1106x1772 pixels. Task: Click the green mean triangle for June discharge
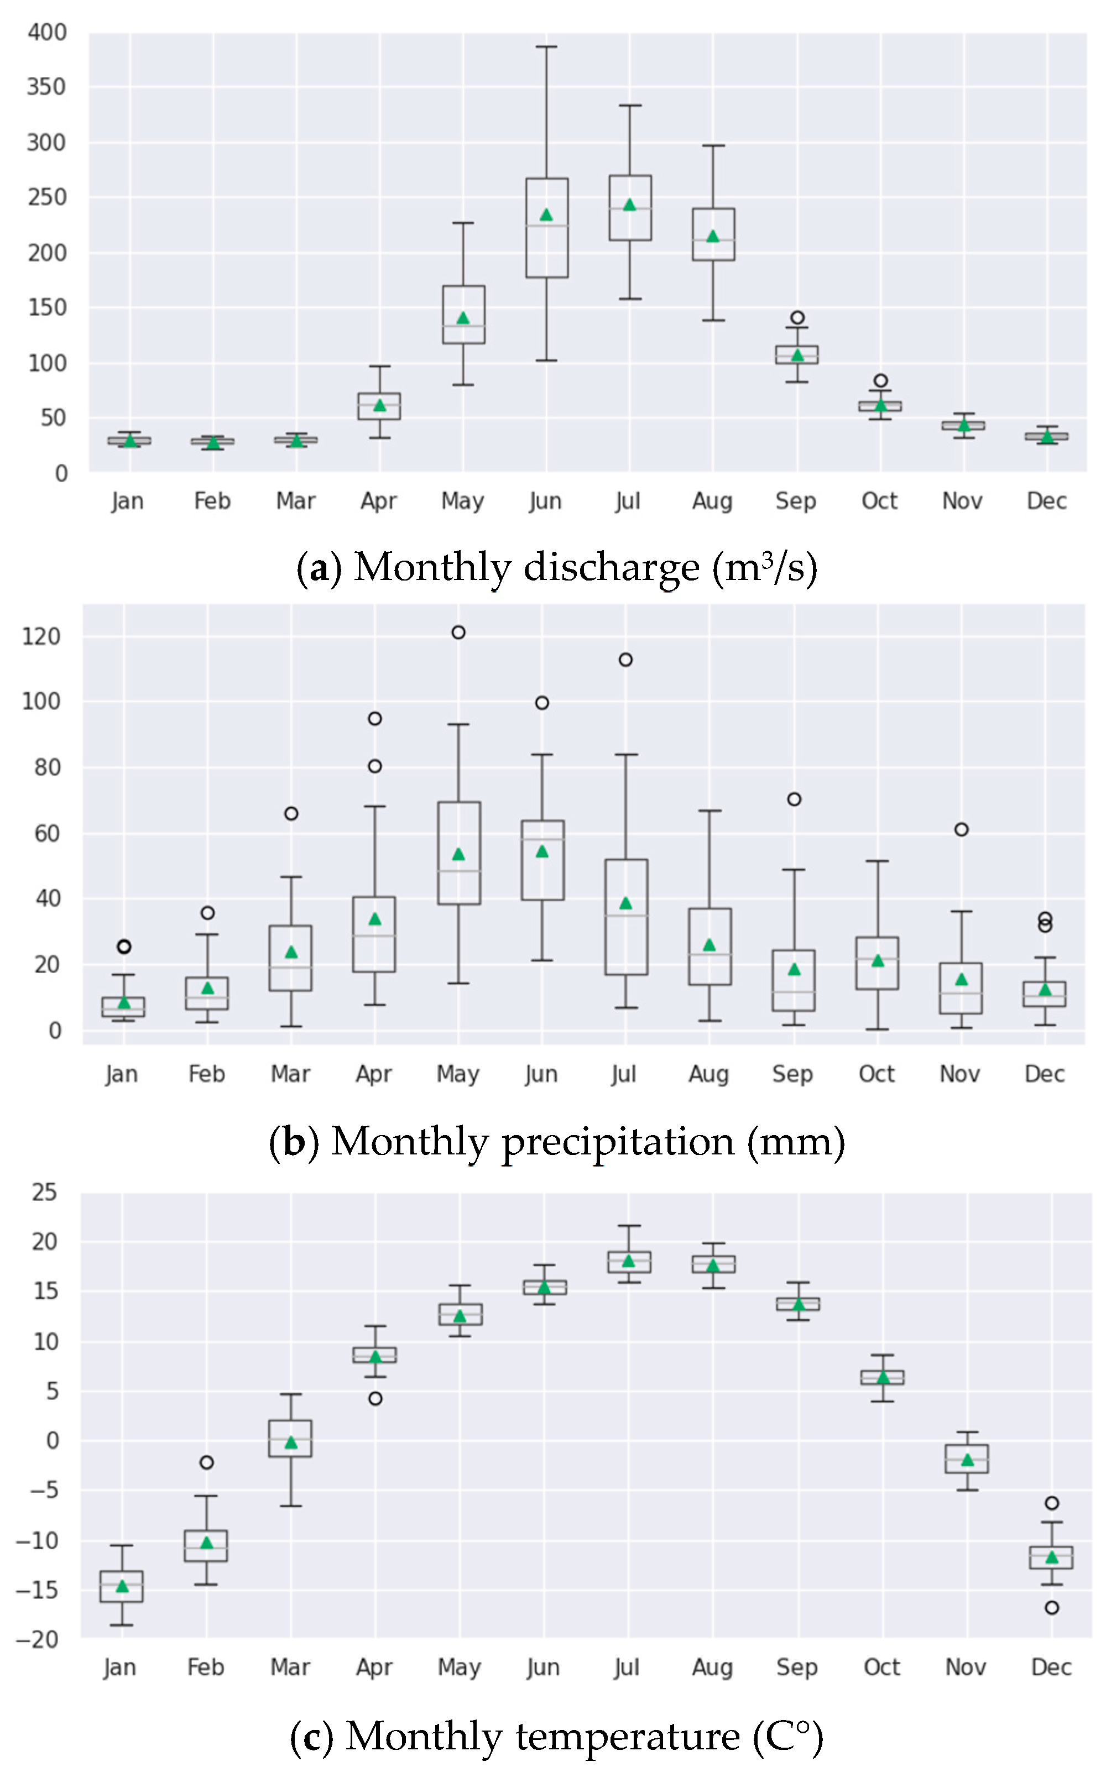click(x=546, y=215)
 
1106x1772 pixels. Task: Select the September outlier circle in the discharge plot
click(x=797, y=317)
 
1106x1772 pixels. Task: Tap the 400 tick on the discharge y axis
click(x=47, y=32)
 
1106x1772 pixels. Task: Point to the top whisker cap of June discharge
click(x=546, y=47)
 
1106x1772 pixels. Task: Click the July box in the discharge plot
click(x=630, y=208)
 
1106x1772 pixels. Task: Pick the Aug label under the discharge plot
click(x=712, y=501)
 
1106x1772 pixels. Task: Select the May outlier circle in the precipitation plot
click(x=458, y=632)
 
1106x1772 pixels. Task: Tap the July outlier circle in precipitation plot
click(x=625, y=660)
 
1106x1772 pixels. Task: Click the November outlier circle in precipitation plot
click(x=961, y=829)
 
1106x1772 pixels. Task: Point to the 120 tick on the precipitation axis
click(x=41, y=636)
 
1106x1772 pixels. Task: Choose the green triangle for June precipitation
click(x=542, y=851)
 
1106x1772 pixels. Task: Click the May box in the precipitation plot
click(x=458, y=853)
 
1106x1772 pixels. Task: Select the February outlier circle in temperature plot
click(x=206, y=1462)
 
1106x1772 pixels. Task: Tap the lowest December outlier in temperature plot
click(x=1051, y=1607)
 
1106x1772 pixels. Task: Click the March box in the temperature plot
click(x=290, y=1438)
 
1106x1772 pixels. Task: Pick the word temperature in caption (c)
click(x=628, y=1736)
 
